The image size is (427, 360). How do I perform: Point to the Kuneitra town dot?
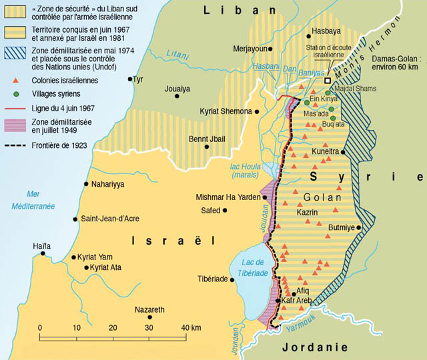point(343,152)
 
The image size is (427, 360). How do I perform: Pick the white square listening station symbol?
point(328,81)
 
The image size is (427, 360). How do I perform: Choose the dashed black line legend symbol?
point(15,145)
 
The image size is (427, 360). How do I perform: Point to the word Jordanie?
point(316,347)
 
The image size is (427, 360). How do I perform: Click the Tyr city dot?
point(129,79)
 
